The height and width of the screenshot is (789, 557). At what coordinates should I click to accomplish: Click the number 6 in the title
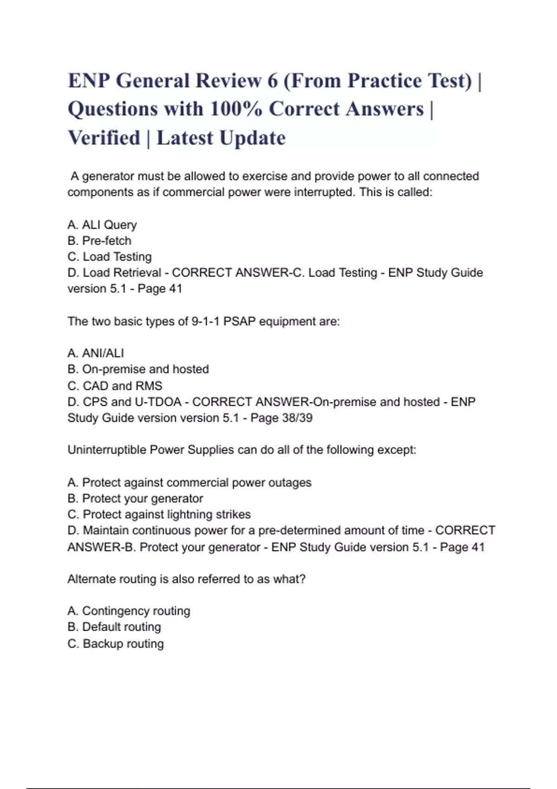(272, 81)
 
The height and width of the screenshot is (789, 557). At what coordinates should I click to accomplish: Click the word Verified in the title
(104, 138)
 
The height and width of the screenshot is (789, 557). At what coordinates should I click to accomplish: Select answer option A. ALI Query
(102, 225)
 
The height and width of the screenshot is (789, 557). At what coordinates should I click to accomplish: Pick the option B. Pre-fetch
(99, 241)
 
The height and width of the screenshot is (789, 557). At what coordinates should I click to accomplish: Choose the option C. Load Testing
(110, 257)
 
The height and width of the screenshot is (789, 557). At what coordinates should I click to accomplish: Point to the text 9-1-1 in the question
(205, 322)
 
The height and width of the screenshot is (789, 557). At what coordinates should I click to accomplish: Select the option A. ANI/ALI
(96, 354)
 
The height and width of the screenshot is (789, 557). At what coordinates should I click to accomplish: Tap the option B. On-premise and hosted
(138, 369)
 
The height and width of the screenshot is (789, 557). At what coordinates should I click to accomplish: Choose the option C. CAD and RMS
(115, 386)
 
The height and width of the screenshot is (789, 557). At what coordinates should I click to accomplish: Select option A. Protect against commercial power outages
(189, 483)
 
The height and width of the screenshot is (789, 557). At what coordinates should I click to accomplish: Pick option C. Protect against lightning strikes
(159, 515)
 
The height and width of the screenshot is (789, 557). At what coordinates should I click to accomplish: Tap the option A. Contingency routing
(129, 611)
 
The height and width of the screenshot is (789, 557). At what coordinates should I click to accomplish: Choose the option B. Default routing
(114, 627)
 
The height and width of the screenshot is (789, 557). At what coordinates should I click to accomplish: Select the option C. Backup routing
(116, 644)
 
